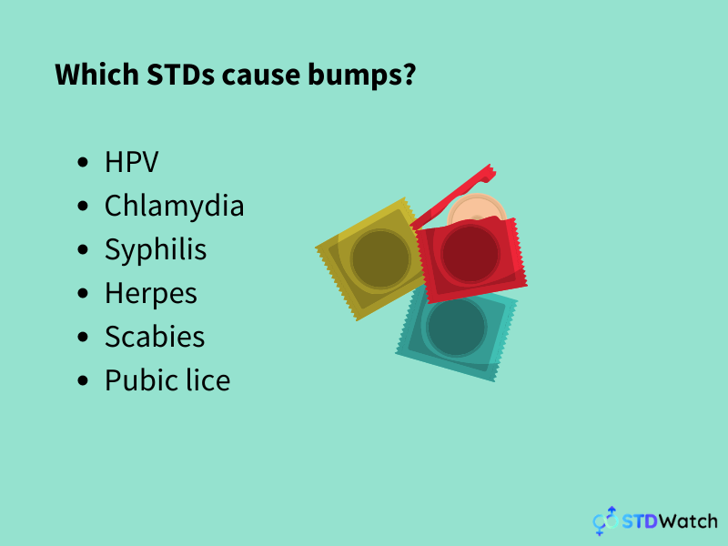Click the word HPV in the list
coord(132,163)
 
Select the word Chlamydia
coord(174,207)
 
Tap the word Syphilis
coord(156,249)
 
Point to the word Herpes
coord(151,293)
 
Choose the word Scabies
coord(155,337)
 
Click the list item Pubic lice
coord(167,380)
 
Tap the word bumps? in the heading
coord(366,76)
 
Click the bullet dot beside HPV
coord(85,164)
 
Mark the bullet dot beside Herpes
coord(85,294)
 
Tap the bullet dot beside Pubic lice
coord(85,381)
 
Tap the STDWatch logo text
coord(670,521)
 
